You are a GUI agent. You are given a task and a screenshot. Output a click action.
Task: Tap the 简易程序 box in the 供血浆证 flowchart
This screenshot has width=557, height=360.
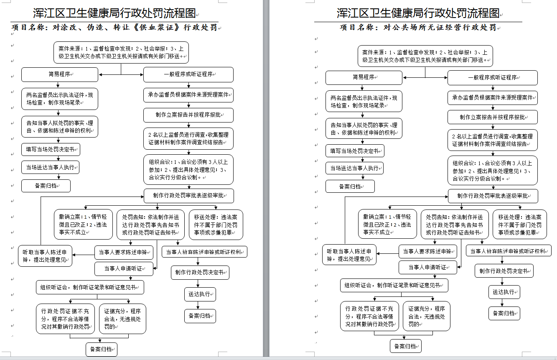pos(60,74)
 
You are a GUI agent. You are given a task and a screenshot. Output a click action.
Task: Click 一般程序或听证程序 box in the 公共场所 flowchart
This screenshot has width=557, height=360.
pos(493,78)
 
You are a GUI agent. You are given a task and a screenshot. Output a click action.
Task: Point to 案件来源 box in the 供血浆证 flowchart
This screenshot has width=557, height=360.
pos(121,53)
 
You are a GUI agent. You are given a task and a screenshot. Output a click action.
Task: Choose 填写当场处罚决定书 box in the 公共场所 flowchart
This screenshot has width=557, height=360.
pos(355,151)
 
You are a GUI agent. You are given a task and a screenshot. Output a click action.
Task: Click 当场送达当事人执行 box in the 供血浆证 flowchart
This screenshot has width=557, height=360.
pos(51,167)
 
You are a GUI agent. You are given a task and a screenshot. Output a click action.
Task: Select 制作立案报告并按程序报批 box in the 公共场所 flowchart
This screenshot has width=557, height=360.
pos(493,117)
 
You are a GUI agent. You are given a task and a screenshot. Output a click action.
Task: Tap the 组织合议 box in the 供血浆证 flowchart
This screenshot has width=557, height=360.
pos(188,169)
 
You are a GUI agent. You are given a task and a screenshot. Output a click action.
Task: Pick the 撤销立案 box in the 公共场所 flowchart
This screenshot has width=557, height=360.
pos(387,224)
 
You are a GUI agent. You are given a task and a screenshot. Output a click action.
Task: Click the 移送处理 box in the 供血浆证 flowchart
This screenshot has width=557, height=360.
pos(216,225)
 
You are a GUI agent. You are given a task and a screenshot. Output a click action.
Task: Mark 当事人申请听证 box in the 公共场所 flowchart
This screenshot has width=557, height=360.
pos(428,267)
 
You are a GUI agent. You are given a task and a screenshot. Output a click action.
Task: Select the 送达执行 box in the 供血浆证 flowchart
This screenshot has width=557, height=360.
pos(200,294)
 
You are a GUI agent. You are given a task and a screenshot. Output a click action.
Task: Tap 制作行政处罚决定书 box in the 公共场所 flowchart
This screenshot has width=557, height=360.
pos(504,271)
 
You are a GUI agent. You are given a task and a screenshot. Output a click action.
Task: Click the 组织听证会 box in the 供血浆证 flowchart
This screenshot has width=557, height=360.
pos(90,287)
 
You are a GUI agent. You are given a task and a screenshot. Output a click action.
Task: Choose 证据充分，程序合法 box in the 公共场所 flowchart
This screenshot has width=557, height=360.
pos(427,316)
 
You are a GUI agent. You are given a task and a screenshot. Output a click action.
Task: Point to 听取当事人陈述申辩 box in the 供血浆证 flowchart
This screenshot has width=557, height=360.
pos(45,256)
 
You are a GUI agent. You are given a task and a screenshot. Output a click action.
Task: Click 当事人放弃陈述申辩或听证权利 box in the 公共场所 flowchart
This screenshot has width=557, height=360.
pos(509,251)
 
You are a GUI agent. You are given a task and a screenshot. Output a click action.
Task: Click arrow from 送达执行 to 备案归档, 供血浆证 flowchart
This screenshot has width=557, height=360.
pos(198,305)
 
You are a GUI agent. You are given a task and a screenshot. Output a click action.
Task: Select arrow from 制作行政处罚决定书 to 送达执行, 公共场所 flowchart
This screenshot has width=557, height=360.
pos(502,281)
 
